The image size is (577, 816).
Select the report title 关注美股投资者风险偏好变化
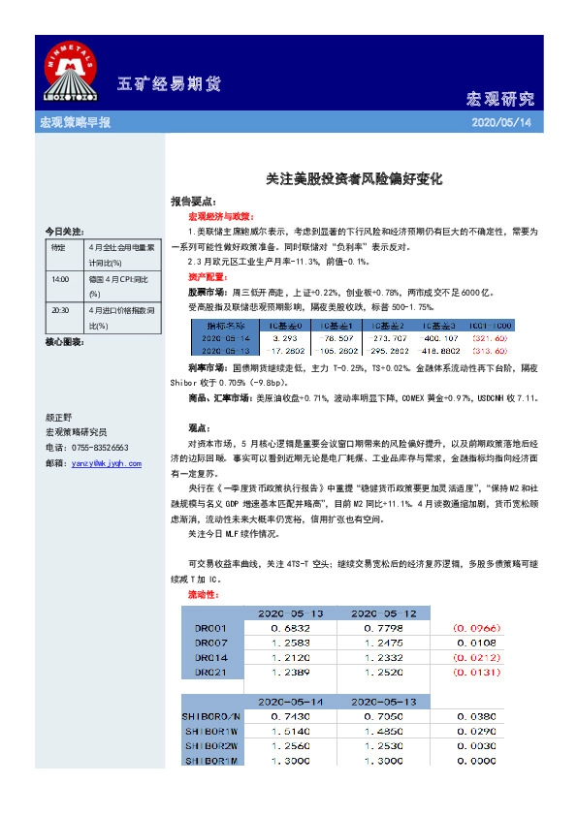tap(355, 179)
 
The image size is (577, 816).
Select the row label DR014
tap(210, 657)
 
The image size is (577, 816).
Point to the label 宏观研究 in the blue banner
tap(500, 99)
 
